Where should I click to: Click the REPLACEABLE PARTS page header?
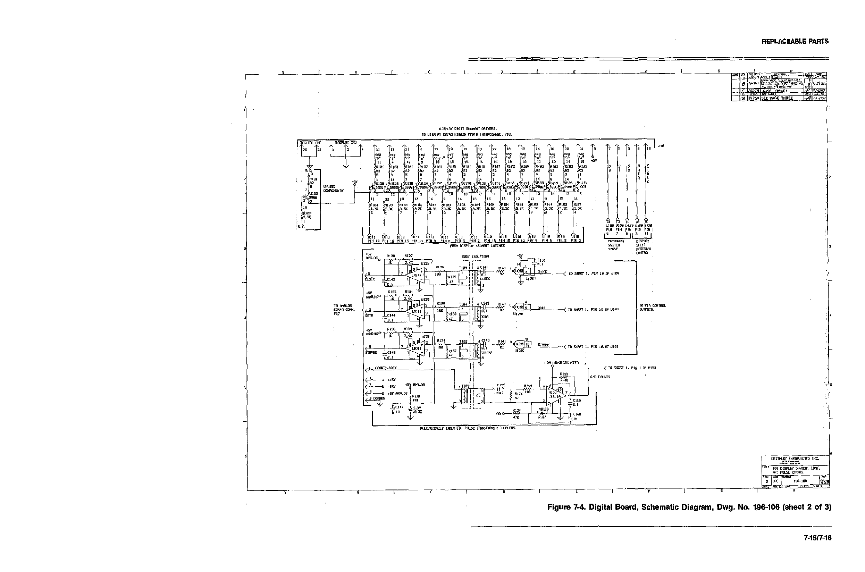pos(795,42)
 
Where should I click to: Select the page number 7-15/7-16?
pos(817,538)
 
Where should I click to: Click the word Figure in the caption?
pos(560,507)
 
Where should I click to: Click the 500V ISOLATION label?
pos(475,256)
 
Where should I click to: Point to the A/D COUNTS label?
pos(600,377)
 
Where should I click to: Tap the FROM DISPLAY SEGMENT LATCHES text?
pos(477,245)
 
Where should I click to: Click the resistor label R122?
pos(564,374)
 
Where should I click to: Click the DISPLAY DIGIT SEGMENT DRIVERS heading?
pos(467,129)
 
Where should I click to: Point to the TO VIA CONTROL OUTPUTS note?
pos(652,308)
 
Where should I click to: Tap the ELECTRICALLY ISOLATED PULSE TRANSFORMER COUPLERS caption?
pos(468,428)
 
